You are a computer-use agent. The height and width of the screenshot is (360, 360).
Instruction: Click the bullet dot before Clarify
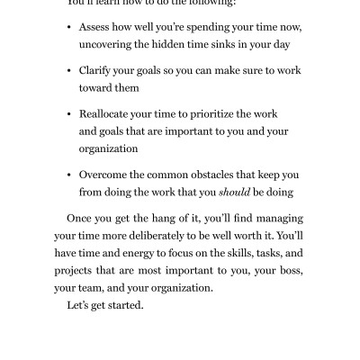(x=69, y=71)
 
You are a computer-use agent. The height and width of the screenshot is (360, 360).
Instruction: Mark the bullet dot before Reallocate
(x=69, y=115)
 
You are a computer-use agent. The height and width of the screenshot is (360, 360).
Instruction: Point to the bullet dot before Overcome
(x=69, y=175)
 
